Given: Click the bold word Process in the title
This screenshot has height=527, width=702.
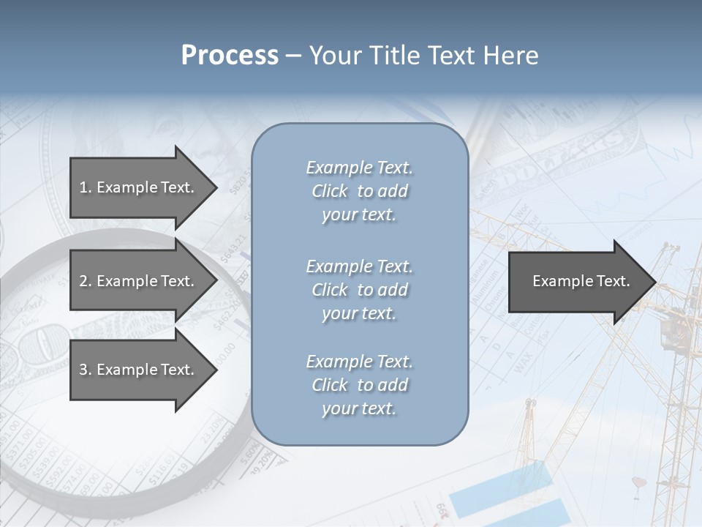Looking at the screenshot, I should coord(230,56).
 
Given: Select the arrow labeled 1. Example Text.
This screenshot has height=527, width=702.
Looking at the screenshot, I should coord(139,187).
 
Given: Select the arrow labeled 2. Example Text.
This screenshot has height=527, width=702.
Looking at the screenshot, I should coord(139,281).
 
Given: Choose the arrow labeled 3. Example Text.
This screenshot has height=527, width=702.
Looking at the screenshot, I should coord(139,370).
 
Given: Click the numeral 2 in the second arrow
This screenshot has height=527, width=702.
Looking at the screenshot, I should coord(83,281).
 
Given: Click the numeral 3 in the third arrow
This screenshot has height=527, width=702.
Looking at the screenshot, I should coord(83,370).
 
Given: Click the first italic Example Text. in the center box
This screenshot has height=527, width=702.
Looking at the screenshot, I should coord(359,168).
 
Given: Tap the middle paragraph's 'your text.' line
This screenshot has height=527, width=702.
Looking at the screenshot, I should coord(359,313).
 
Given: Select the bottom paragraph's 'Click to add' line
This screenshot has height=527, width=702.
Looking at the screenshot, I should coord(359,385).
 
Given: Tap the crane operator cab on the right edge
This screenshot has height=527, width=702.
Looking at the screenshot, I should coord(671,333).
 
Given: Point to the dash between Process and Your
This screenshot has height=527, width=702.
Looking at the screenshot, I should coord(293,56).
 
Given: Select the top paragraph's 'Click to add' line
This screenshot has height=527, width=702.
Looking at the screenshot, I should coord(359,191).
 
